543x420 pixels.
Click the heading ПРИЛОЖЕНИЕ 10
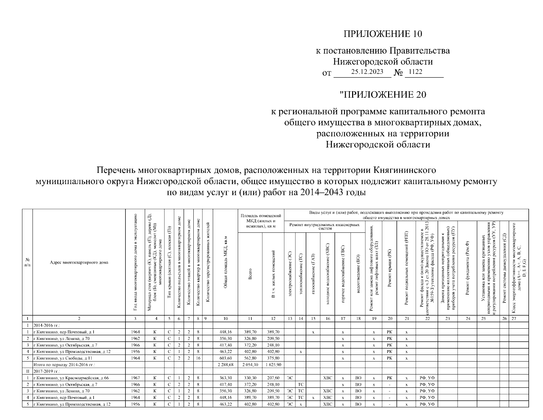coord(383,34)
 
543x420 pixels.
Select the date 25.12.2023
coord(362,72)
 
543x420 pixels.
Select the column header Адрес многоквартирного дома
coord(79,262)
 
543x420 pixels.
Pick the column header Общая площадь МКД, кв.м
coord(226,262)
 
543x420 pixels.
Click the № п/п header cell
coord(27,262)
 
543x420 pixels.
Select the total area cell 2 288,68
coord(226,365)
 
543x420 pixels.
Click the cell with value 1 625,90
coord(273,365)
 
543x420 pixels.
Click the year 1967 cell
coord(135,378)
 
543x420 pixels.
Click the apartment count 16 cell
coord(198,358)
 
